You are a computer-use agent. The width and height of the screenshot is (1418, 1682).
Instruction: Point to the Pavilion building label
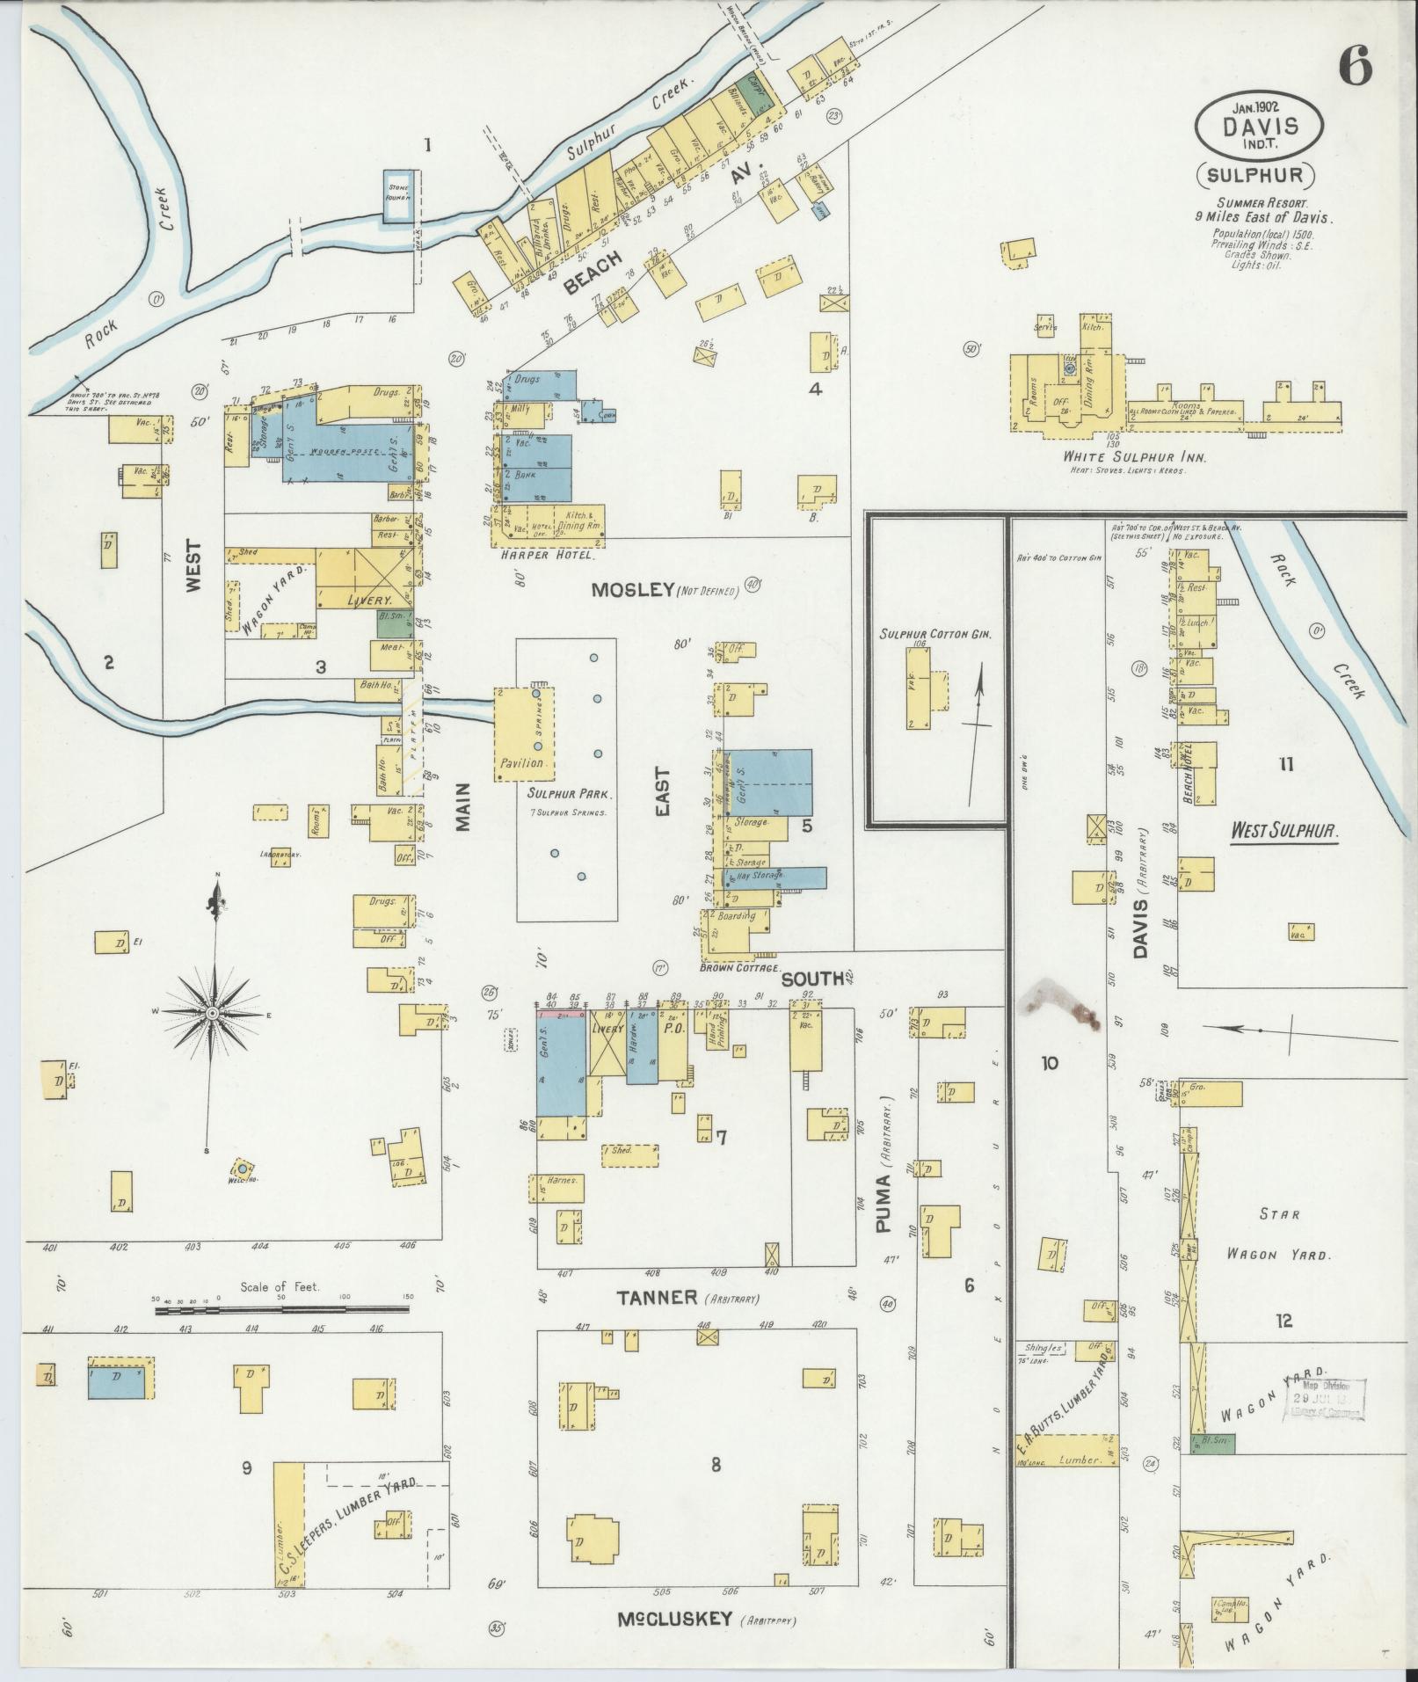tap(525, 762)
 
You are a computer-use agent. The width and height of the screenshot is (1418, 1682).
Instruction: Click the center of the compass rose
tap(212, 1014)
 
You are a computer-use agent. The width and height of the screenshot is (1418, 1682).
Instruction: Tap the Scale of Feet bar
tap(281, 1310)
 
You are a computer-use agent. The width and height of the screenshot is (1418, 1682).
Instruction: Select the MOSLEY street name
tap(632, 590)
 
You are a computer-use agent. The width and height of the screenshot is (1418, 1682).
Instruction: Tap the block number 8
tap(716, 1464)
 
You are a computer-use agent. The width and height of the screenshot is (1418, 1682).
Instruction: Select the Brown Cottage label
tap(735, 968)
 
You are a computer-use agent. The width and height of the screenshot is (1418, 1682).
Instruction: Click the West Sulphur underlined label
tap(1283, 829)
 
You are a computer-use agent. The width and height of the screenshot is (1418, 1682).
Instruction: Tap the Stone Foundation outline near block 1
tap(400, 193)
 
